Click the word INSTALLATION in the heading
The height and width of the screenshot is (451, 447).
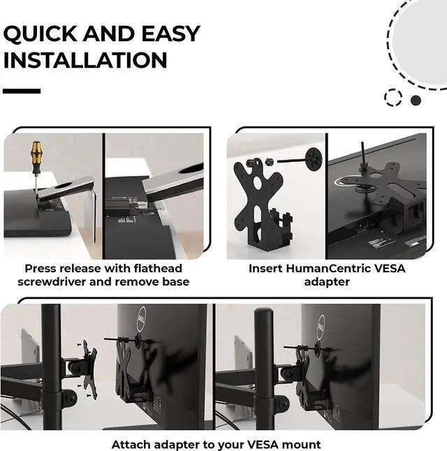click(85, 60)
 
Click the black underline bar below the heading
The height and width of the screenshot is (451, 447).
click(22, 91)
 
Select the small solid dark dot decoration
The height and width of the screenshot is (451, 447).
click(416, 101)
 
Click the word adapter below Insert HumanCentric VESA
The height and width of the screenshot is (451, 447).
click(327, 282)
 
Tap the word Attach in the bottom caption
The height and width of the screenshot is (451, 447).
click(131, 445)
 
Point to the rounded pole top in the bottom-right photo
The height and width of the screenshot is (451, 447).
click(263, 312)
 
